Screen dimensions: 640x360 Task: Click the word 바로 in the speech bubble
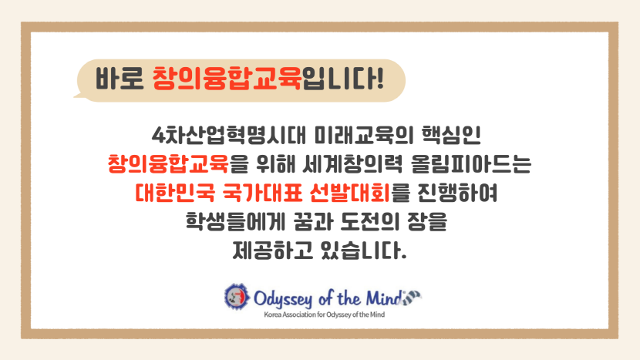pyautogui.click(x=120, y=79)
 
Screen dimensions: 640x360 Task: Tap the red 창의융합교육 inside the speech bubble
pyautogui.click(x=227, y=78)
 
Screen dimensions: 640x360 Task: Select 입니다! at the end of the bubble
pyautogui.click(x=343, y=78)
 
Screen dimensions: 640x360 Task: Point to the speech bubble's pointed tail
pyautogui.click(x=78, y=96)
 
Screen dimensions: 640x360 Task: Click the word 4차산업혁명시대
pyautogui.click(x=228, y=136)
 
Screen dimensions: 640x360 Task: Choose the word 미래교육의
pyautogui.click(x=364, y=136)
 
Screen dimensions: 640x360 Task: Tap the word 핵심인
pyautogui.click(x=451, y=136)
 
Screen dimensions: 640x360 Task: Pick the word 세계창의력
pyautogui.click(x=352, y=164)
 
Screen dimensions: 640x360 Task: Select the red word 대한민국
pyautogui.click(x=175, y=193)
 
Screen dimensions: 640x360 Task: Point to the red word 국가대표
pyautogui.click(x=262, y=193)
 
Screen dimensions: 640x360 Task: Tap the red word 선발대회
pyautogui.click(x=350, y=193)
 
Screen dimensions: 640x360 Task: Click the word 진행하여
pyautogui.click(x=456, y=193)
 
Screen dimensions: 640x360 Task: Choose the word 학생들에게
pyautogui.click(x=235, y=222)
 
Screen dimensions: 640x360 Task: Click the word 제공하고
pyautogui.click(x=272, y=251)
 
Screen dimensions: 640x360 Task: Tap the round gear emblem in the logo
pyautogui.click(x=237, y=297)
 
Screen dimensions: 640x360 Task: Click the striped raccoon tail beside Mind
pyautogui.click(x=411, y=297)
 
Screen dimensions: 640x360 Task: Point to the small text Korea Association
pyautogui.click(x=290, y=315)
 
